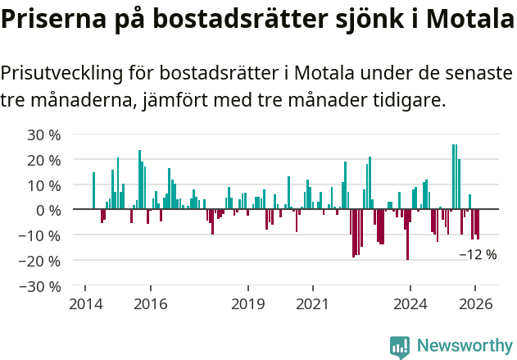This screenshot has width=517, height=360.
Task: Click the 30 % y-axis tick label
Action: coord(44,134)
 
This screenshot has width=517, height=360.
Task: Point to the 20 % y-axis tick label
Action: coord(44,160)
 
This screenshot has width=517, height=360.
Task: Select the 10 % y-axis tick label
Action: coord(44,185)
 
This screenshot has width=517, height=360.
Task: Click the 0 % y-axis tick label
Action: coord(48,211)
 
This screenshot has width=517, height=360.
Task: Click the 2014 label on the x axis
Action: coord(85,304)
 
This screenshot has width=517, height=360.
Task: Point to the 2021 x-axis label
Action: coord(312,304)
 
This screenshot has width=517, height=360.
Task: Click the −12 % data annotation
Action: coord(478,255)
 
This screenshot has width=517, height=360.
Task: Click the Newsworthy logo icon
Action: coord(400,347)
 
